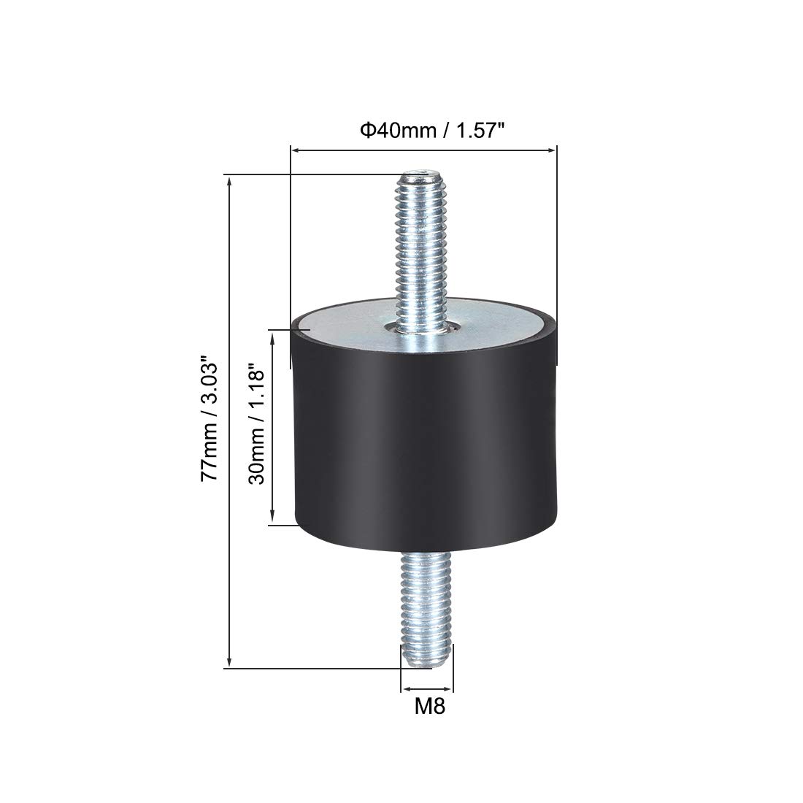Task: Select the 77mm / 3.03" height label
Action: click(210, 418)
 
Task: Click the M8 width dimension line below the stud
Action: click(427, 688)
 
